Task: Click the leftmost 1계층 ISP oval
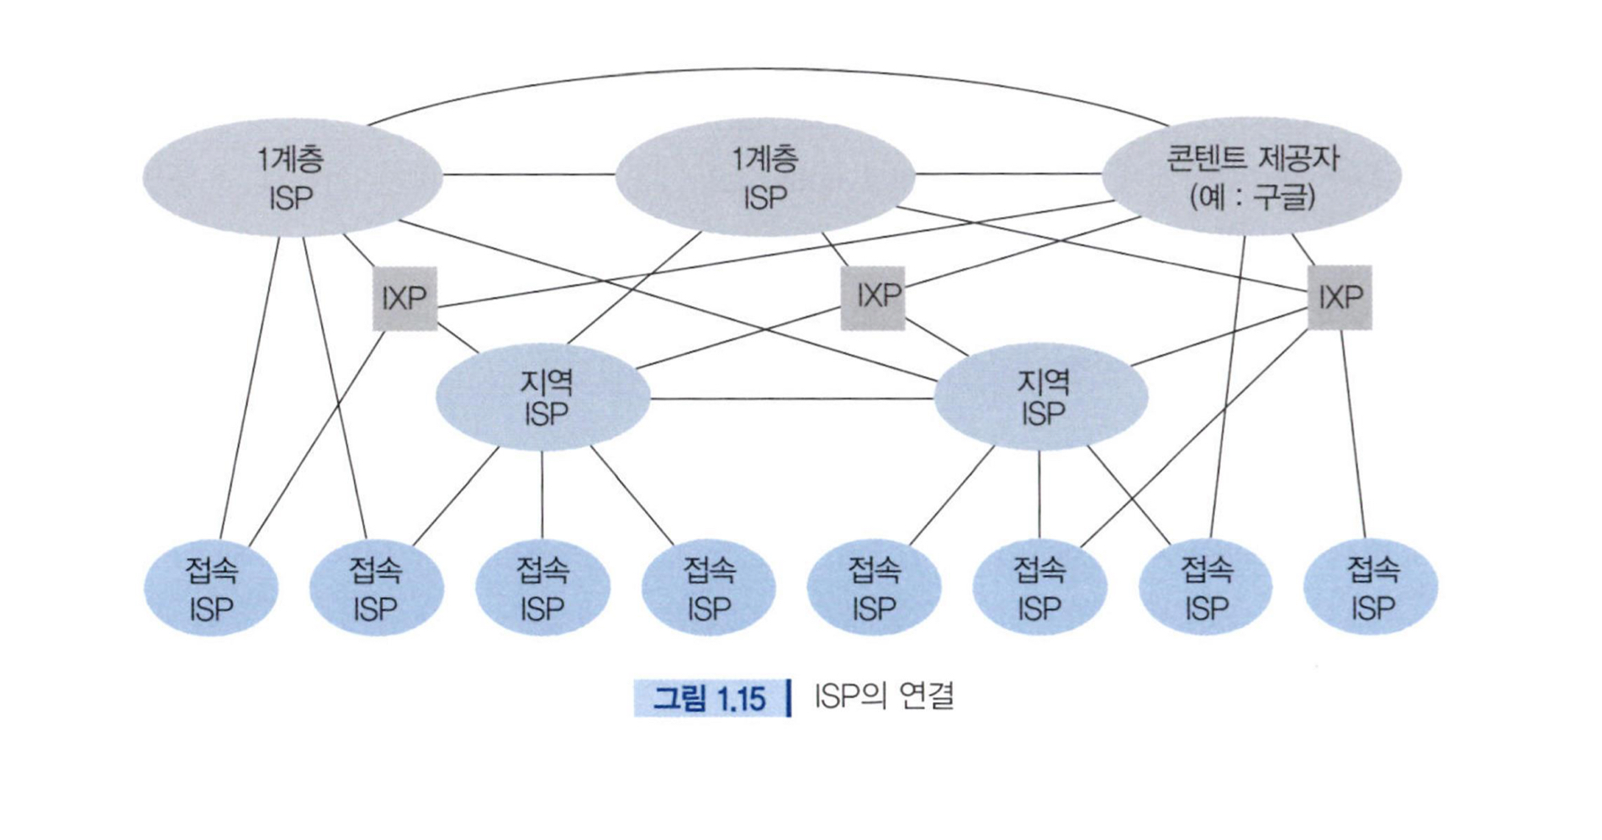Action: tap(292, 177)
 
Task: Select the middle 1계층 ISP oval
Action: tap(764, 177)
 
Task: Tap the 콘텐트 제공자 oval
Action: tap(1250, 175)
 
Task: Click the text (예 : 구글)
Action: tap(1252, 198)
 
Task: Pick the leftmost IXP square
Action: tap(404, 298)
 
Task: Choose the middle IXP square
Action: tap(873, 297)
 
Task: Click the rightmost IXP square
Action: tap(1340, 297)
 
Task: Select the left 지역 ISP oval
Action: tap(543, 397)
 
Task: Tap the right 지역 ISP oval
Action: tap(1041, 397)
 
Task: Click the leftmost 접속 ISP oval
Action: tap(211, 587)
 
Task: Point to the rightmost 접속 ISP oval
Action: tap(1371, 587)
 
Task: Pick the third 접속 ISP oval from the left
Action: tap(542, 587)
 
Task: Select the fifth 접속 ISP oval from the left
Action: tap(874, 587)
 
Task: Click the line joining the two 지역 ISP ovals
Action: tap(790, 399)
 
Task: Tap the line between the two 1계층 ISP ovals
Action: tap(528, 175)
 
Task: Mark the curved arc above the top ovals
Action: tap(765, 70)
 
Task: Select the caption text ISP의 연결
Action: tap(884, 697)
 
